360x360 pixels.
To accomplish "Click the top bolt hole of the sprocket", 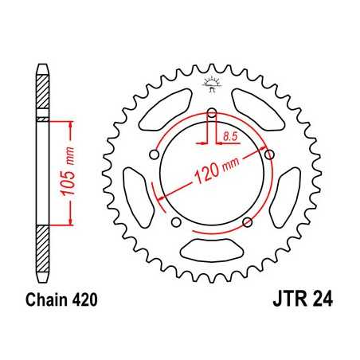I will pos(213,113).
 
